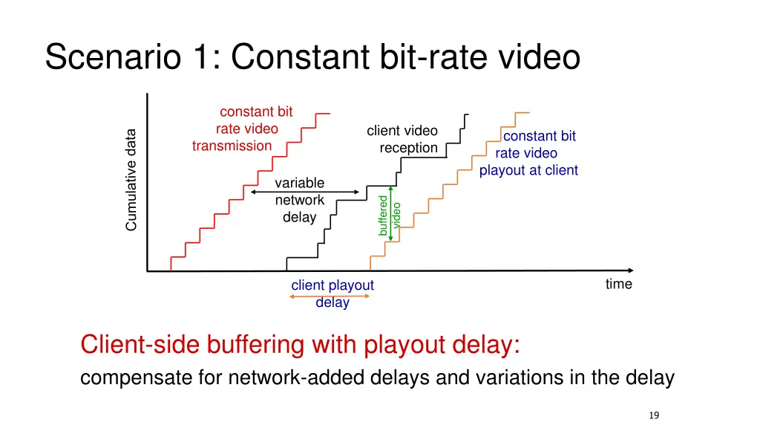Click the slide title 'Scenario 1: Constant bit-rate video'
point(312,58)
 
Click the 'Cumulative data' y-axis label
point(131,180)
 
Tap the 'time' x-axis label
point(618,284)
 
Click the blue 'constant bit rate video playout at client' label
point(528,153)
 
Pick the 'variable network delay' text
point(299,200)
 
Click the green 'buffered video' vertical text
point(390,214)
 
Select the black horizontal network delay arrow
point(305,192)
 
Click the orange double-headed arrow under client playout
point(330,296)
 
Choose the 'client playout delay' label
point(332,294)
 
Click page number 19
point(653,415)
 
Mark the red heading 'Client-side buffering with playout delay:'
point(301,346)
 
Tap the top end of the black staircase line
point(468,115)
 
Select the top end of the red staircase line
point(328,114)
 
